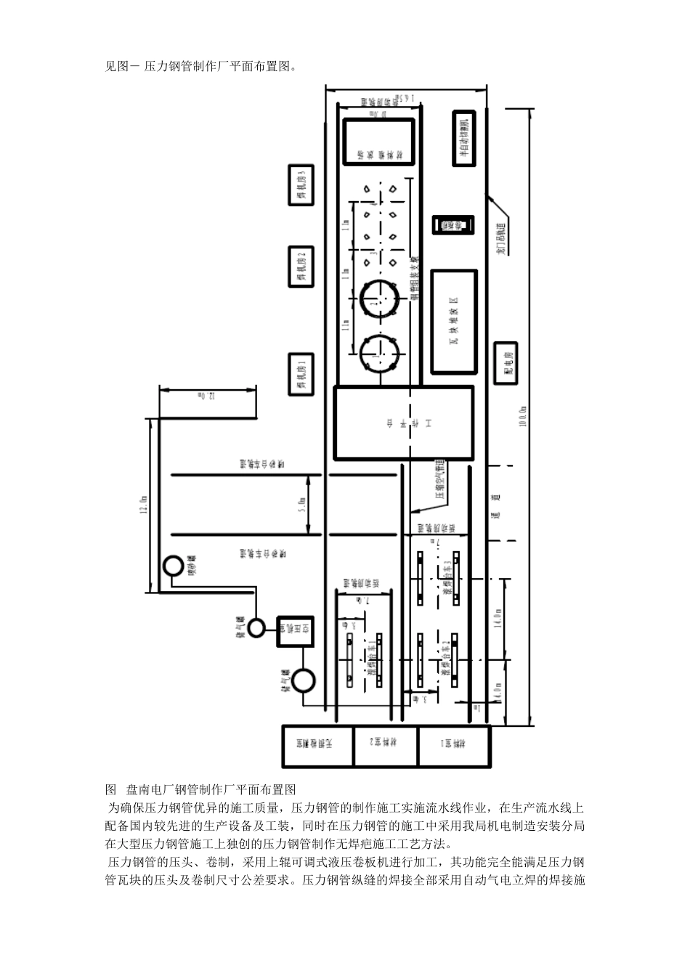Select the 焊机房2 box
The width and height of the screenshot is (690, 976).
click(x=301, y=267)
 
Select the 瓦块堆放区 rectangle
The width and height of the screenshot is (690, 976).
click(x=455, y=321)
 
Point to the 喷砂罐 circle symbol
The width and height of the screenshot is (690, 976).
click(x=174, y=566)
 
